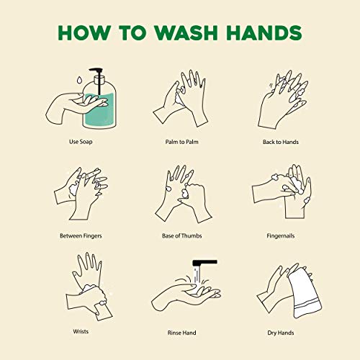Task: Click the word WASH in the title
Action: click(186, 32)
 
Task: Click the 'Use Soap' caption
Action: click(81, 142)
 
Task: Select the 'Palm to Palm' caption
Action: click(182, 142)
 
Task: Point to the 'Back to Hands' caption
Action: click(281, 142)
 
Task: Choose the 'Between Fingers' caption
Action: click(81, 236)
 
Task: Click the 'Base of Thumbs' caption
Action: click(182, 236)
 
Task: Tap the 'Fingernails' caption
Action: click(281, 236)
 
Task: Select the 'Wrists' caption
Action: click(81, 331)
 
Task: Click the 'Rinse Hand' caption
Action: click(182, 333)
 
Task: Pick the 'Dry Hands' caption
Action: click(281, 333)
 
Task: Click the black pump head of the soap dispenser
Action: click(96, 70)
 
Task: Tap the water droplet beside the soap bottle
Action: click(79, 80)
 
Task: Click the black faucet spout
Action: click(204, 262)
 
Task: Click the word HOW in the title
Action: click(84, 32)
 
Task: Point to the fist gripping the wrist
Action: click(93, 297)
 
